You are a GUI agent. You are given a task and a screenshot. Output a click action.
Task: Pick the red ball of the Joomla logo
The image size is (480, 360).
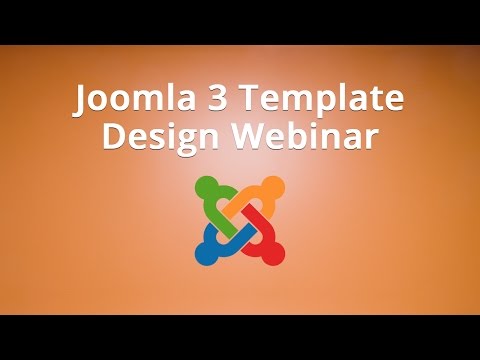(271, 253)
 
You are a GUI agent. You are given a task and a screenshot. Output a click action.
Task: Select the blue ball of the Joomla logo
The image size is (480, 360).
(207, 253)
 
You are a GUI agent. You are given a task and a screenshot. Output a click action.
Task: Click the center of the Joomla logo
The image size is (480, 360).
(239, 220)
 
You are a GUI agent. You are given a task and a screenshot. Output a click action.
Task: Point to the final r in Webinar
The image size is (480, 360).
(372, 140)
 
